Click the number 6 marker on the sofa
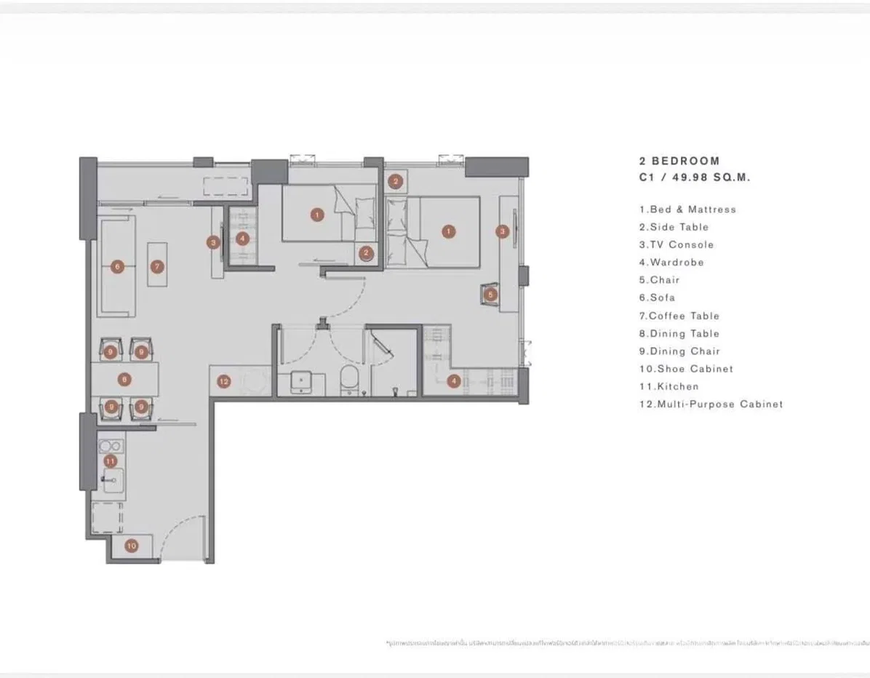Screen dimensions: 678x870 coord(118,267)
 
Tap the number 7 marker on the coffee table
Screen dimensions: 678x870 coord(157,267)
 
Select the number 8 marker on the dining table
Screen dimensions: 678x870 coord(125,380)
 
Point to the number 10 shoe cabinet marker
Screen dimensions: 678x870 coord(131,546)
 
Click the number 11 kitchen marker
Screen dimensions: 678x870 coord(110,461)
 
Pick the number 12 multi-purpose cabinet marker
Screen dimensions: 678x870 coord(223,381)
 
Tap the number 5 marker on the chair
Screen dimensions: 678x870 coord(491,295)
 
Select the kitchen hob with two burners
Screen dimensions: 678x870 coord(111,445)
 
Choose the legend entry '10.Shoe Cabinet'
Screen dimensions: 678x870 coord(686,369)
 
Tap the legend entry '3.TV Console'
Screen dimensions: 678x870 coord(677,244)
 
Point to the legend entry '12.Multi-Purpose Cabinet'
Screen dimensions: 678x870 coord(711,404)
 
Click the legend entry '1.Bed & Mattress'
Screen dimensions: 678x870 coord(687,210)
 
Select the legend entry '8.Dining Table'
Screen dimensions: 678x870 coord(679,333)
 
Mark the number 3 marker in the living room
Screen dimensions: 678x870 coord(213,242)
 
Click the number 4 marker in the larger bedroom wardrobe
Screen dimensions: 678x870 coord(454,380)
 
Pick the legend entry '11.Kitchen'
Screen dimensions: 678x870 coord(669,386)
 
